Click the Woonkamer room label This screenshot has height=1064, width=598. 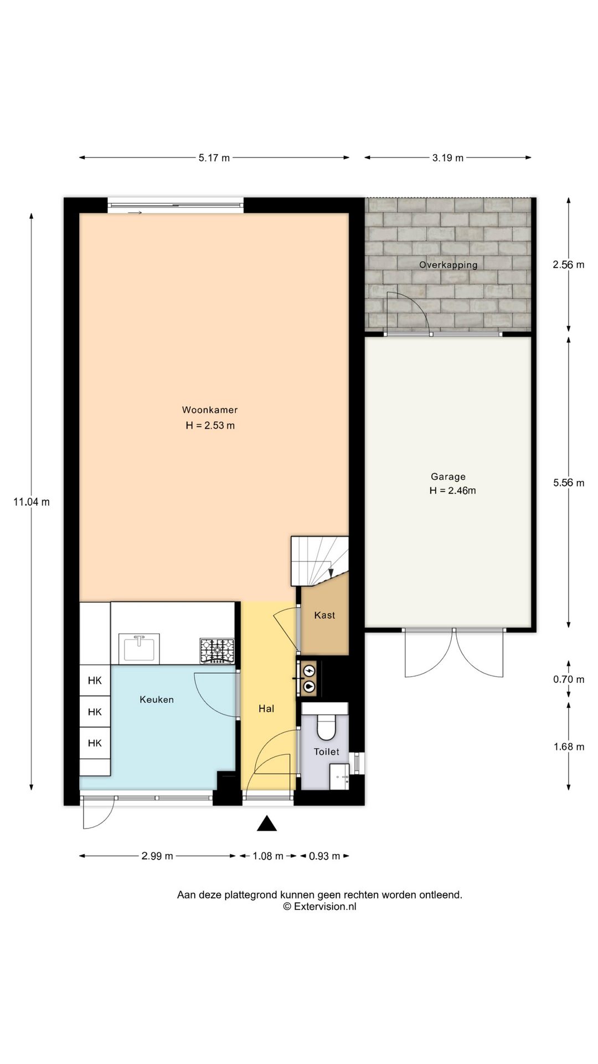210,410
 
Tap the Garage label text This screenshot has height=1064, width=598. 448,477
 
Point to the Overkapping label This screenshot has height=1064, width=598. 448,265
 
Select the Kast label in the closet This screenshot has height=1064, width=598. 324,615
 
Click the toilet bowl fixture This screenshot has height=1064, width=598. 326,726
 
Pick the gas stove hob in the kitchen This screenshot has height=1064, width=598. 217,651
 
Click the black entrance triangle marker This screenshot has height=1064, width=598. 267,823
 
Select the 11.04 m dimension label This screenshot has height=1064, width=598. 32,502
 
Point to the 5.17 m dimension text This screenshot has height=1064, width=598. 214,158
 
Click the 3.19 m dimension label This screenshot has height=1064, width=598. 448,158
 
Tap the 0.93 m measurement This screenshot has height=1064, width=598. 324,856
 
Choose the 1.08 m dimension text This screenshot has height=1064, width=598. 268,856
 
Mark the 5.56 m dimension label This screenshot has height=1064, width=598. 569,483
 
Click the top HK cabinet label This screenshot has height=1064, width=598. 95,681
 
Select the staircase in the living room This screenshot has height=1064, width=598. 320,560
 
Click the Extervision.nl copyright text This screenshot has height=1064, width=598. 320,907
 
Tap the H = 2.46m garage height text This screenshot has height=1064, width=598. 452,490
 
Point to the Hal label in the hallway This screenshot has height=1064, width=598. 266,709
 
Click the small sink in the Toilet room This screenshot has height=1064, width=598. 339,777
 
